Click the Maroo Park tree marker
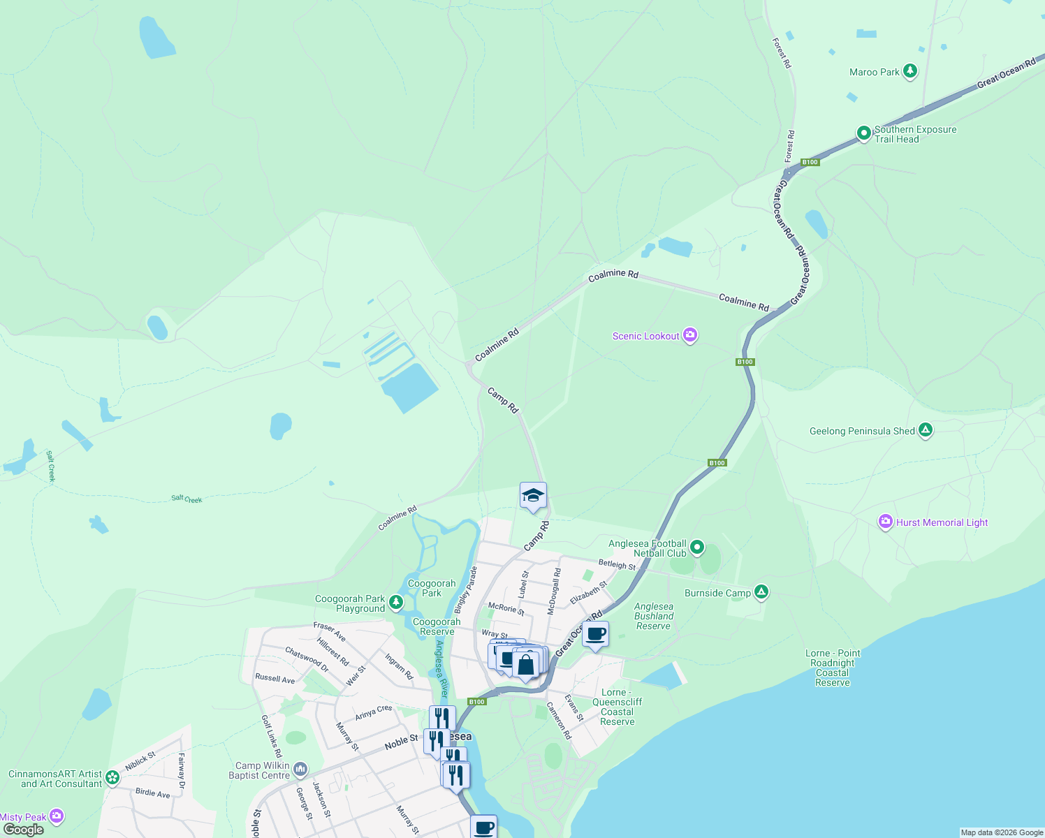click(909, 71)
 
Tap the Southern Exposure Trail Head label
click(915, 134)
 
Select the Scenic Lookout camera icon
click(690, 336)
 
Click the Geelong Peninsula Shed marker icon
click(926, 430)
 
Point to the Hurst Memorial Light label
click(942, 522)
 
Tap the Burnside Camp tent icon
click(761, 592)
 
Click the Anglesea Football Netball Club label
click(647, 548)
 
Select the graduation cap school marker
click(533, 496)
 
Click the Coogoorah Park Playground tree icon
click(396, 601)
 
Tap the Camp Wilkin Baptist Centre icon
click(300, 770)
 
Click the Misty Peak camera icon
click(57, 816)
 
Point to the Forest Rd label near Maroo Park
click(782, 53)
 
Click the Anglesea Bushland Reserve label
click(654, 617)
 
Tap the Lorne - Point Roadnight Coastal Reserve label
click(833, 668)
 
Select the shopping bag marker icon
click(526, 664)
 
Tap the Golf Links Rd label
click(271, 736)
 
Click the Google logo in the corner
click(23, 830)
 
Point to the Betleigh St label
click(617, 564)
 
